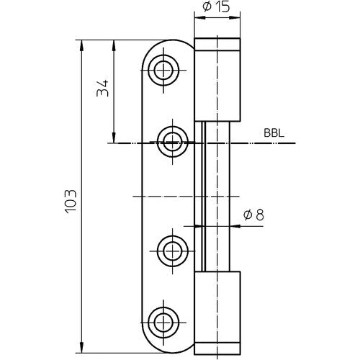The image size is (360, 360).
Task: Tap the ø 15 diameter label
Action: tap(216, 9)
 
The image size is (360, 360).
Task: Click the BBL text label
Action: tap(274, 132)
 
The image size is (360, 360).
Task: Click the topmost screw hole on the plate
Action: tap(163, 70)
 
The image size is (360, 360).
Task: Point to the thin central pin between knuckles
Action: tap(216, 194)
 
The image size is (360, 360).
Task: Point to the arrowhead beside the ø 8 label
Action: tap(233, 225)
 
